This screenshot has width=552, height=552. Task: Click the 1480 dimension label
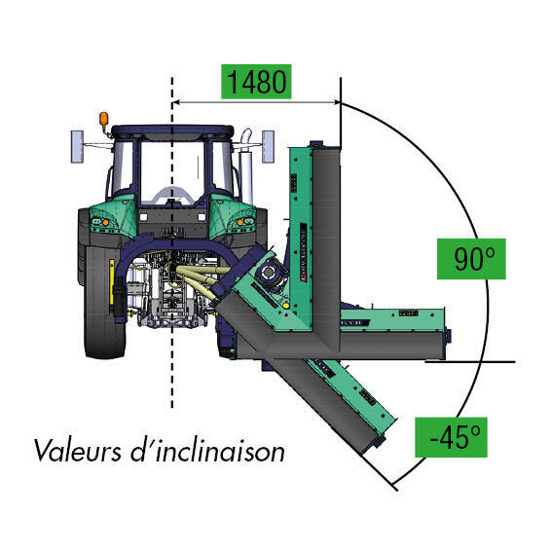256,82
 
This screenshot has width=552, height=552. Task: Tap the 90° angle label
471,259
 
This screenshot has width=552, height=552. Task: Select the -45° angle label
452,437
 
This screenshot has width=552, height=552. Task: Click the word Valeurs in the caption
77,450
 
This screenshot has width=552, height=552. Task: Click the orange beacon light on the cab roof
104,119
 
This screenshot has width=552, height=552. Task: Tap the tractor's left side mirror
78,146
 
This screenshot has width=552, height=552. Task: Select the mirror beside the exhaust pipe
268,146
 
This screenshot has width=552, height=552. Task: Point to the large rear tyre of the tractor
104,302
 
